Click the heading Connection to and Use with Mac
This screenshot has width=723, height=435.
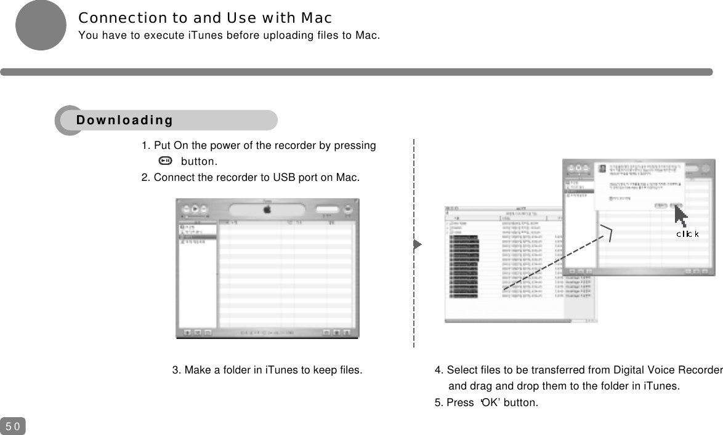coord(205,17)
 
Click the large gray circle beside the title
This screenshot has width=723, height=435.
coord(41,25)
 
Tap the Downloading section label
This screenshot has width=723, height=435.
coord(125,120)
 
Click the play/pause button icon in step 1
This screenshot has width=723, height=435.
coord(165,161)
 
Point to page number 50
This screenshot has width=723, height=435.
coord(13,426)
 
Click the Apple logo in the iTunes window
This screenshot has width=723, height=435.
coord(268,209)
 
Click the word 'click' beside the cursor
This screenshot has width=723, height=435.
coord(687,234)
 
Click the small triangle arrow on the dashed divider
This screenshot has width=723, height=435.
coord(417,244)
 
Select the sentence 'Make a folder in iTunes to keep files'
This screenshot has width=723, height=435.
coord(267,370)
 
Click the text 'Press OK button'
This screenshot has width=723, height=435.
coord(486,402)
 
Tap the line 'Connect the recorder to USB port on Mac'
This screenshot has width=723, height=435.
coord(251,178)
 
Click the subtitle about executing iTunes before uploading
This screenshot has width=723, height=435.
coord(229,35)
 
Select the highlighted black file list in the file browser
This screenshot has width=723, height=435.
coord(464,267)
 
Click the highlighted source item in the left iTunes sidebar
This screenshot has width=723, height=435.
coord(197,236)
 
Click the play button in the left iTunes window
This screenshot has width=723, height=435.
coord(196,209)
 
